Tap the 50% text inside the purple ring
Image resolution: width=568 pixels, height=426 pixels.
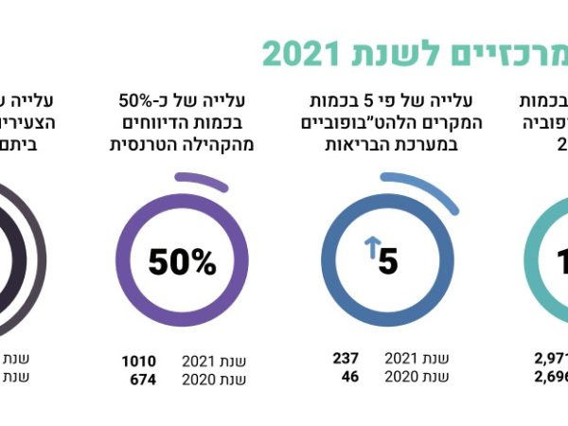click(182, 262)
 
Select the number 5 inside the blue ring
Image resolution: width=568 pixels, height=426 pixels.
click(388, 261)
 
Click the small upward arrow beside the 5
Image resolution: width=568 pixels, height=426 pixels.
click(371, 249)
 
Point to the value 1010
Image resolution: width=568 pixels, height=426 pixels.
click(139, 361)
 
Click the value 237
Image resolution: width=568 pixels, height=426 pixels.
click(345, 358)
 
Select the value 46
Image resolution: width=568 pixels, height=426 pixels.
click(348, 376)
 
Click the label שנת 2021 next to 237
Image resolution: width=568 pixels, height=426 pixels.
click(416, 358)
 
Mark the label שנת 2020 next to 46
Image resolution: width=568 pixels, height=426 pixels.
click(416, 376)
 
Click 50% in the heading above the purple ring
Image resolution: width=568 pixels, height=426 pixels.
click(139, 98)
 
